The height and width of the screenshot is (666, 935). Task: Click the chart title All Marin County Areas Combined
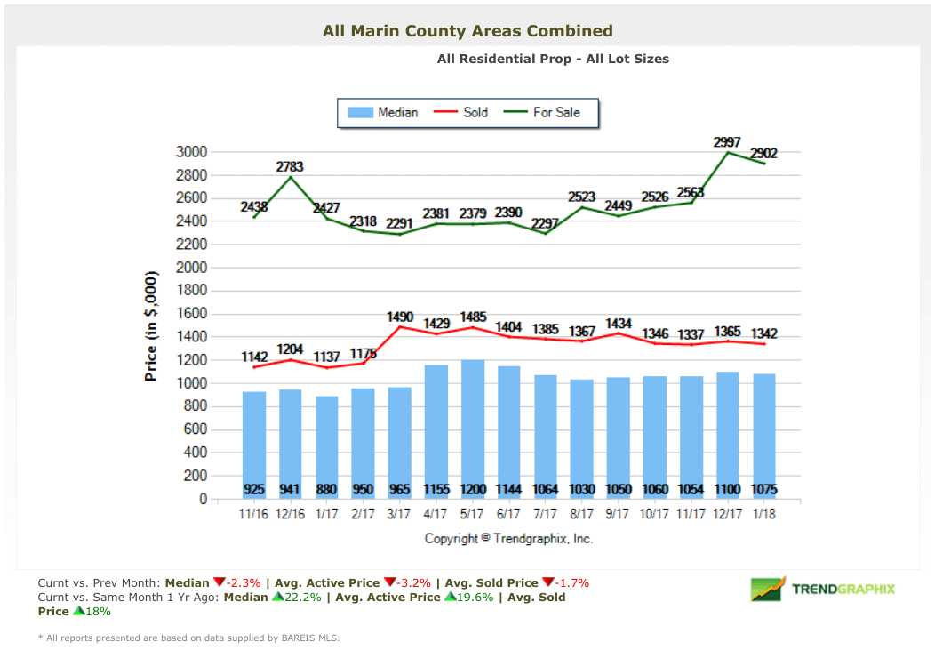pos(467,31)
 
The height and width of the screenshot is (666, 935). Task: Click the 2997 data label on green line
pos(727,142)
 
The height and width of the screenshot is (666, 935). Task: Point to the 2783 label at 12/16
pos(290,166)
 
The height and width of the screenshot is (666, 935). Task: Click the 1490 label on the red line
pos(400,317)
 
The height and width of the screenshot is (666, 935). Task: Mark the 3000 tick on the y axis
pos(191,152)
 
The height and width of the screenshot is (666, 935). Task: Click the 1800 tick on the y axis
pos(191,291)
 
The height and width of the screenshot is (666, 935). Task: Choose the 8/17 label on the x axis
pos(581,514)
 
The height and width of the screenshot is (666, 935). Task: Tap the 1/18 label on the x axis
pos(763,514)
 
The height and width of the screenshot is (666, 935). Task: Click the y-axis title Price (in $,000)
pos(151,325)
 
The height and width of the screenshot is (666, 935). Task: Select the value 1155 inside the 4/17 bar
pos(436,489)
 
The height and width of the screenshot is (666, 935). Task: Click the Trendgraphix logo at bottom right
pos(822,589)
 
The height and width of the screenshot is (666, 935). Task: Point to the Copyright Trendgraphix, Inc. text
pos(508,538)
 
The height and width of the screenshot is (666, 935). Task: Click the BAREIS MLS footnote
pos(188,638)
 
